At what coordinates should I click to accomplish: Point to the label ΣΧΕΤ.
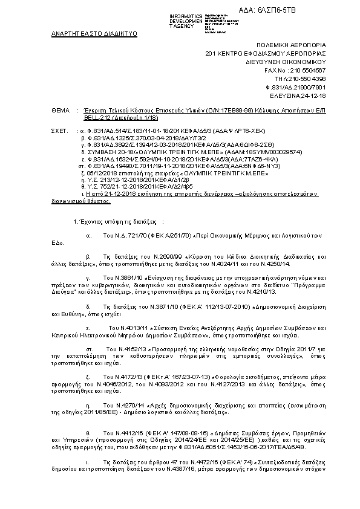coord(60,130)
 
